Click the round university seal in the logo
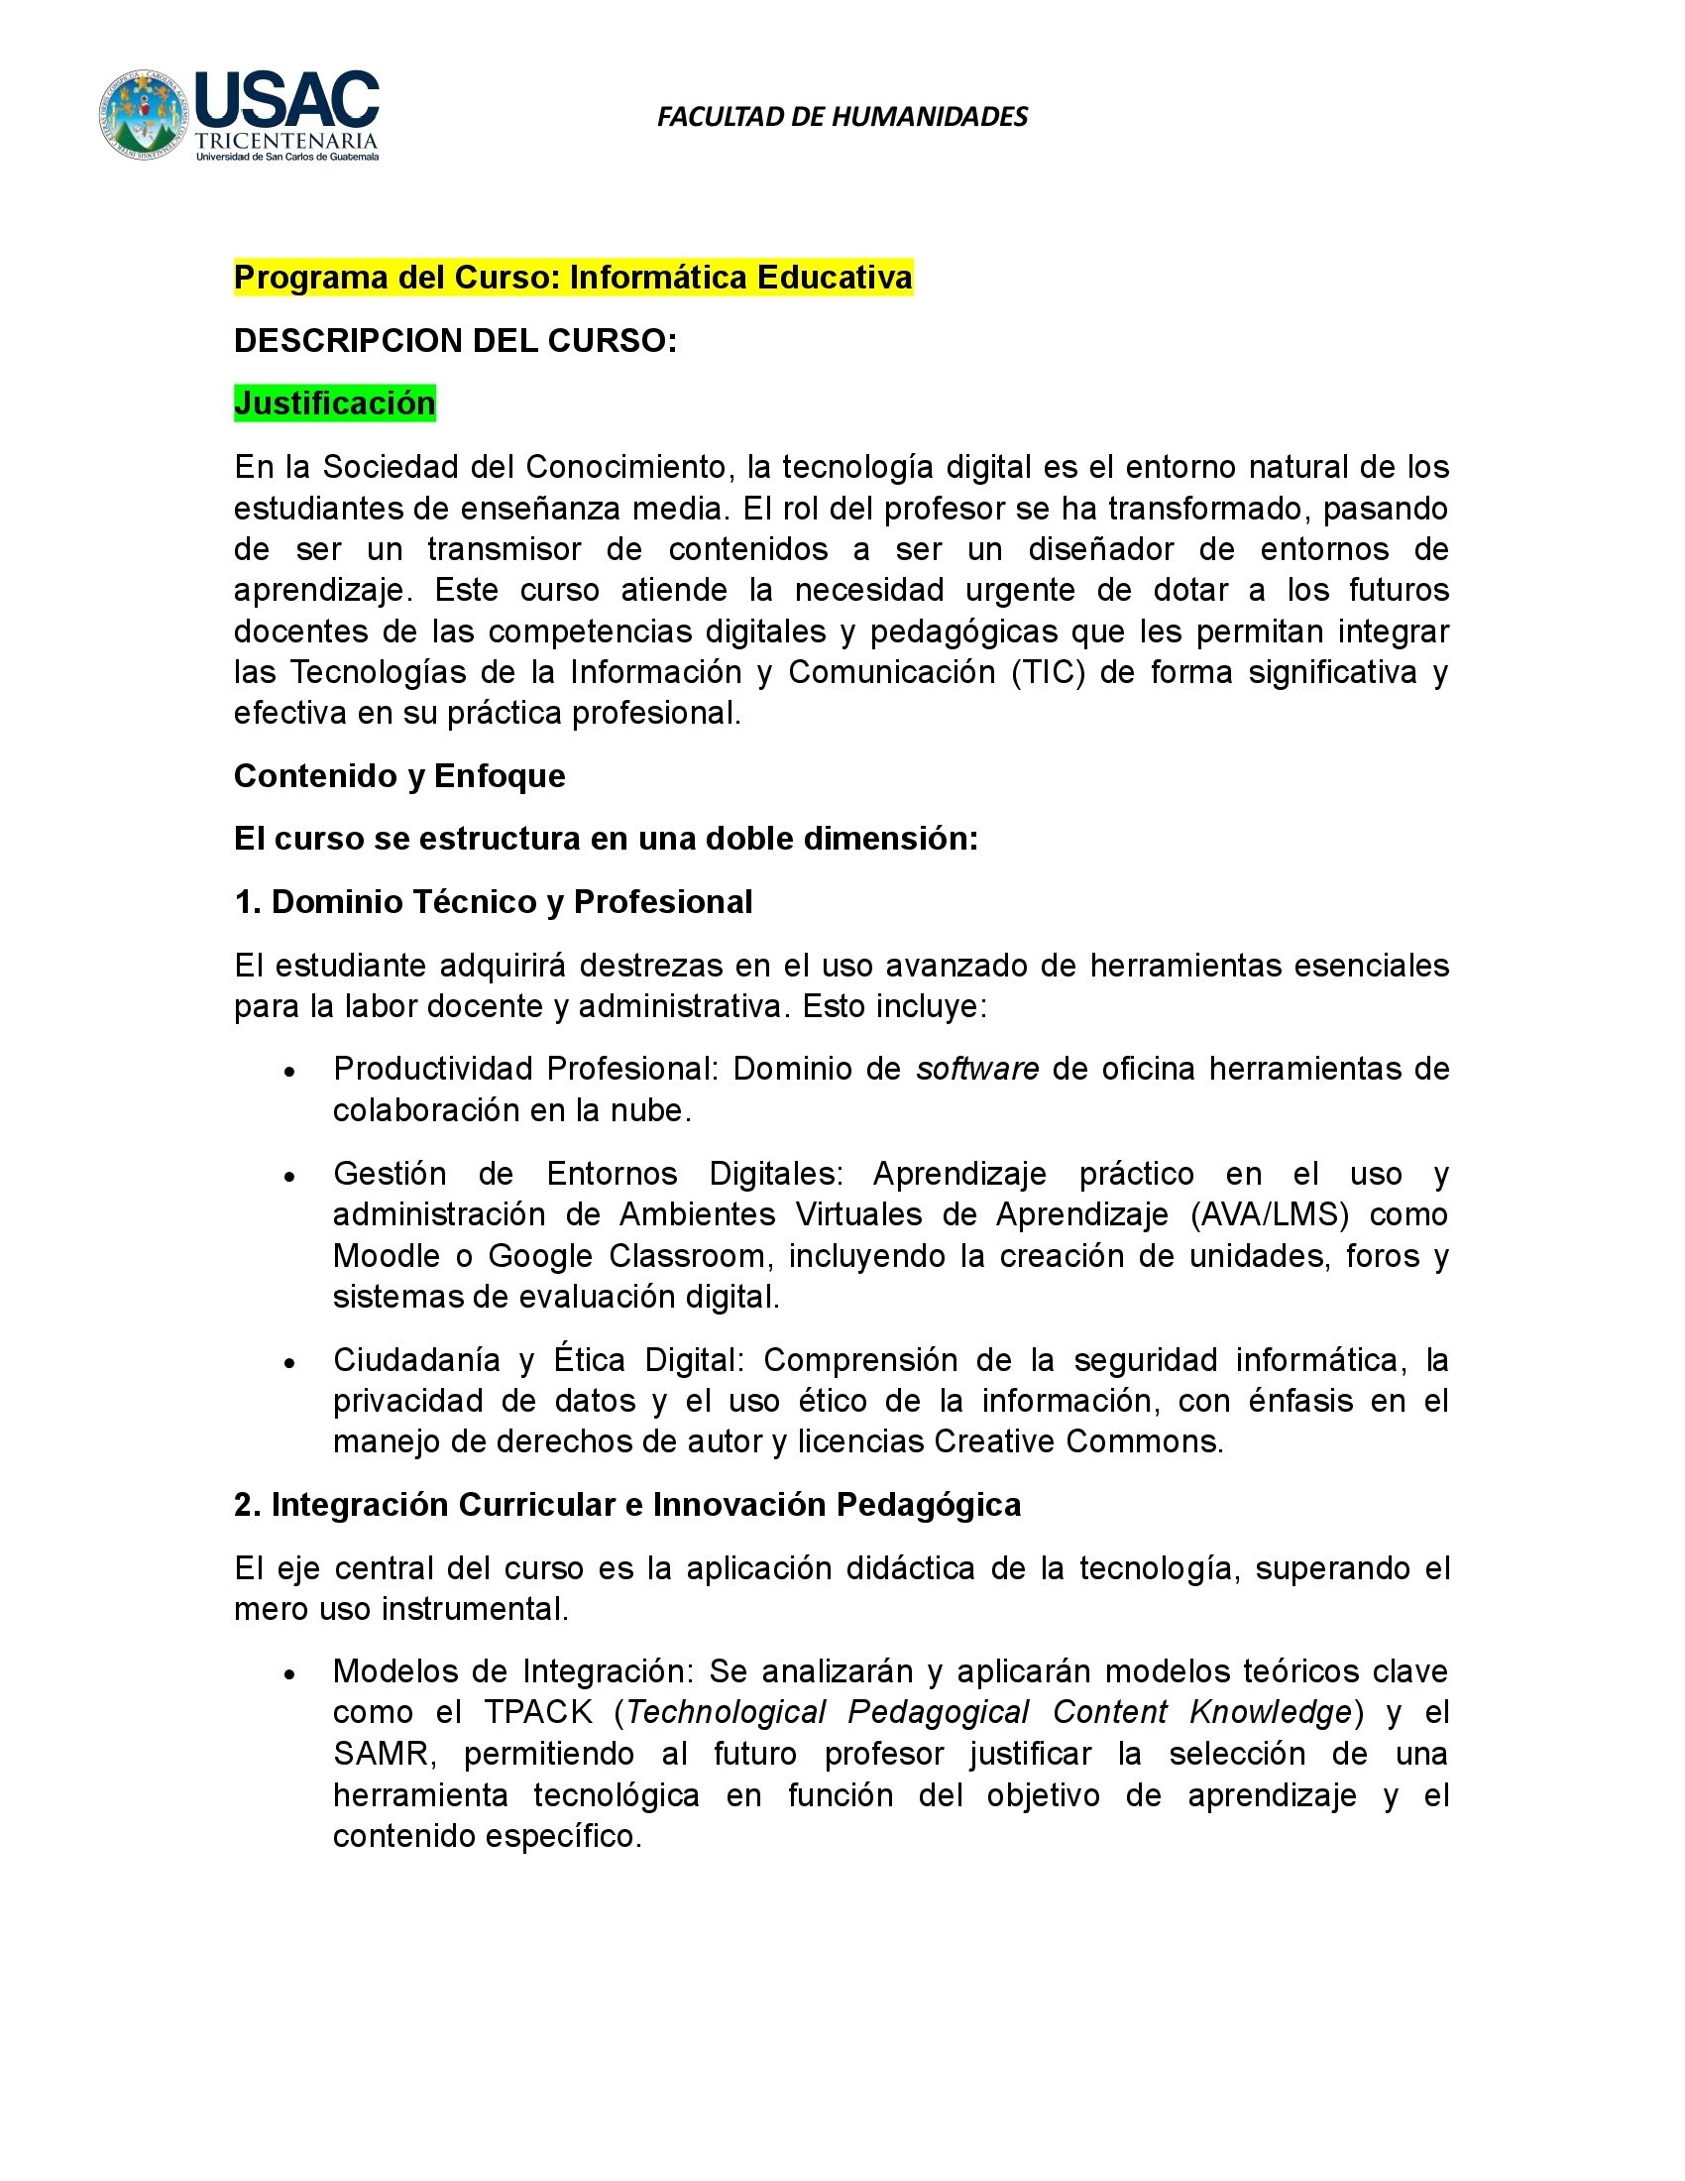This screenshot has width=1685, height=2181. click(x=143, y=115)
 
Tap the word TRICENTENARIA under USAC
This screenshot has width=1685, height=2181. click(x=286, y=142)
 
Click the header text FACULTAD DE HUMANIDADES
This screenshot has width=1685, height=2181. click(x=842, y=117)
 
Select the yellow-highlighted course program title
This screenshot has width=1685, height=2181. click(x=573, y=277)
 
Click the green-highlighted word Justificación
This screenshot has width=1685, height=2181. click(x=334, y=403)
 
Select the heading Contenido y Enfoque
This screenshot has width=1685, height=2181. click(x=399, y=776)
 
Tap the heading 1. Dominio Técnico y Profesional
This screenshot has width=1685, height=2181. click(x=494, y=902)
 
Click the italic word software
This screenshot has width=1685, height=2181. click(x=977, y=1069)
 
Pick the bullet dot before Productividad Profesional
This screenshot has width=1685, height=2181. click(x=289, y=1071)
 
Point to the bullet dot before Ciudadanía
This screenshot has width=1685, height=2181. click(x=289, y=1362)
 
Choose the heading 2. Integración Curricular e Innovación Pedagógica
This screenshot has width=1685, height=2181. click(x=626, y=1505)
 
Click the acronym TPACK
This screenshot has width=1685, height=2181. click(x=538, y=1713)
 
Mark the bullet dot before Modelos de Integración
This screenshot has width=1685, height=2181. click(x=289, y=1672)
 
